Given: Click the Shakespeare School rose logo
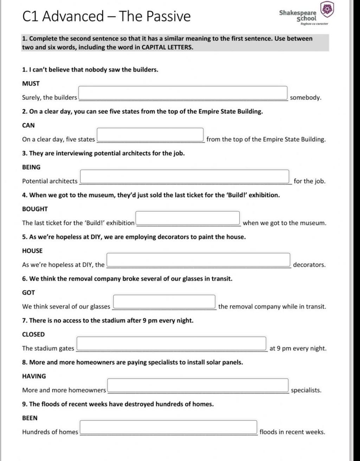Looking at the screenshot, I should (x=327, y=10).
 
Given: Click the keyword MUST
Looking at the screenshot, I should (x=31, y=83).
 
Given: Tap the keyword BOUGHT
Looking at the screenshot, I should (x=35, y=209).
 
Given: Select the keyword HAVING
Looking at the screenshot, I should (x=34, y=376).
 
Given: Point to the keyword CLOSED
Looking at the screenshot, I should (x=33, y=334).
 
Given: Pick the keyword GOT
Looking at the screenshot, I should (x=28, y=292).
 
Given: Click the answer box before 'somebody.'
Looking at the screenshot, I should (x=183, y=93).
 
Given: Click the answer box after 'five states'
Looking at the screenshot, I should (x=150, y=135).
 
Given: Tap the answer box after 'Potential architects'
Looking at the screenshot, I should (x=185, y=177).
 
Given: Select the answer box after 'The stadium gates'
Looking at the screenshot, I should (x=172, y=344).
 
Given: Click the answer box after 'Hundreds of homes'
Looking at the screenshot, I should (x=168, y=427).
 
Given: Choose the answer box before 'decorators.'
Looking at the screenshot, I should (x=199, y=260).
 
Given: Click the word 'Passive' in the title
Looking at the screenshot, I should (x=168, y=16).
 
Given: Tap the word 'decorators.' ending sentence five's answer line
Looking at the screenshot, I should (x=309, y=265).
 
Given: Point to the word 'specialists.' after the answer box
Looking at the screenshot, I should (x=306, y=390).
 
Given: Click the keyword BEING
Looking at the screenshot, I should (x=31, y=167).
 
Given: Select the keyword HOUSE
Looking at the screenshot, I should (x=32, y=251).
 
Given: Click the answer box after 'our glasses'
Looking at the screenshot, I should (x=164, y=302).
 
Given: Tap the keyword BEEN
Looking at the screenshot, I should (x=30, y=418).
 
